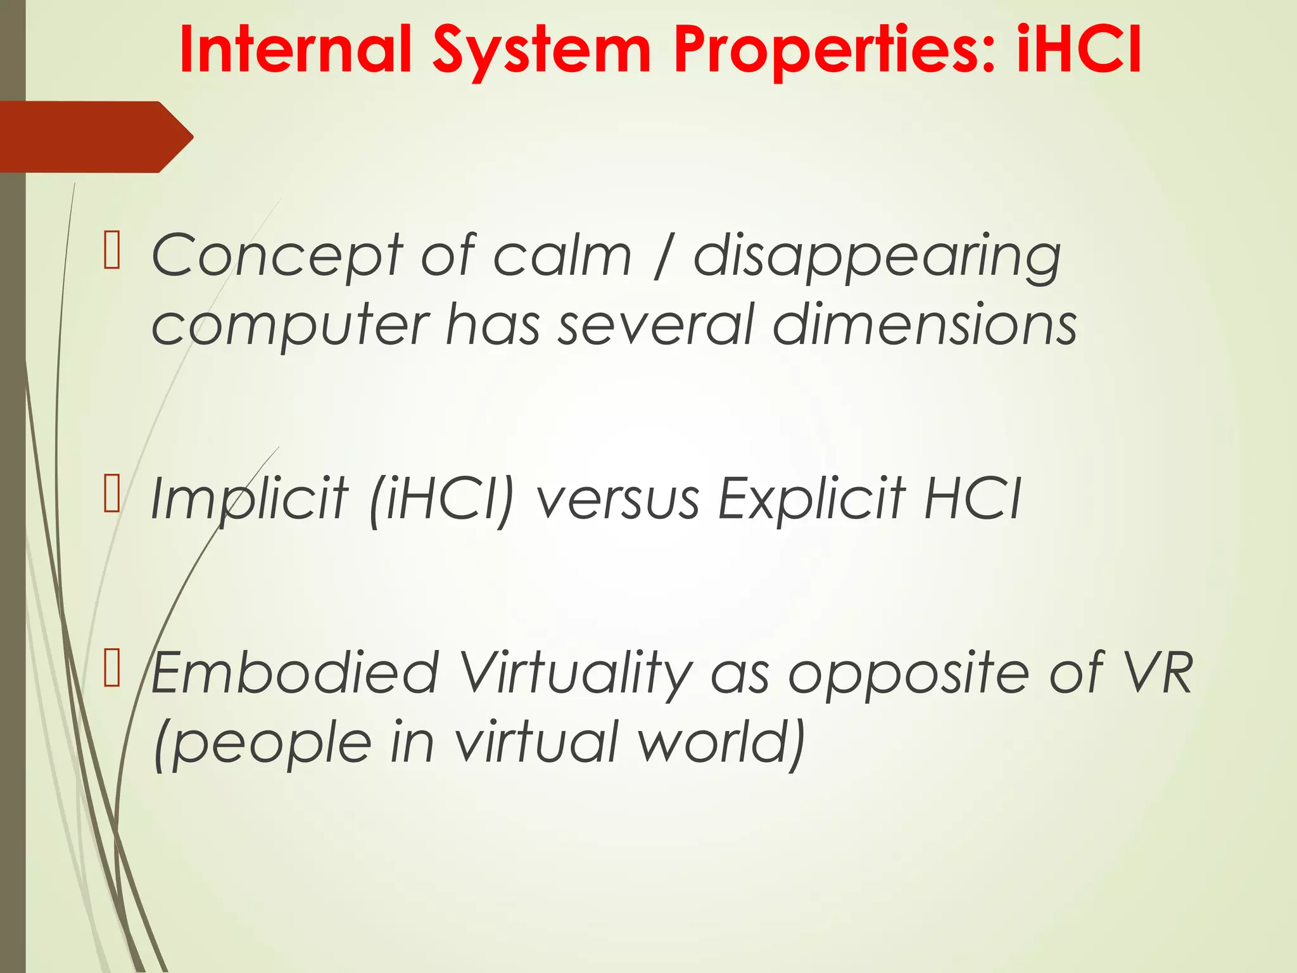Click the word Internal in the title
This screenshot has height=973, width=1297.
(x=295, y=50)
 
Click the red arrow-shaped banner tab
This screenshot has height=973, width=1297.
(x=95, y=137)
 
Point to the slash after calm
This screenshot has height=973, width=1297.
(x=662, y=257)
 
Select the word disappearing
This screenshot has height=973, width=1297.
(x=877, y=257)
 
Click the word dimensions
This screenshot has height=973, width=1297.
(x=925, y=324)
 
